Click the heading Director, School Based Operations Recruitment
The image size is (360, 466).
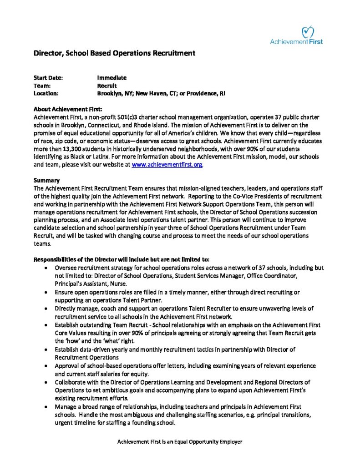(115, 53)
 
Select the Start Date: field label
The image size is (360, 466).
(48, 78)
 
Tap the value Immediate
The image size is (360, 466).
(112, 78)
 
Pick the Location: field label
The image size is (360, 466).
(46, 93)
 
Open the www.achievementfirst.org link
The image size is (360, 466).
(167, 164)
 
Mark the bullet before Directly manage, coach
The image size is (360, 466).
(47, 309)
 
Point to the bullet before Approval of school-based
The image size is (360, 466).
(47, 365)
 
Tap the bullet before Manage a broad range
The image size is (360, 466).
(47, 406)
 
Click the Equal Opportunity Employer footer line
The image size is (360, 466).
(180, 441)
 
